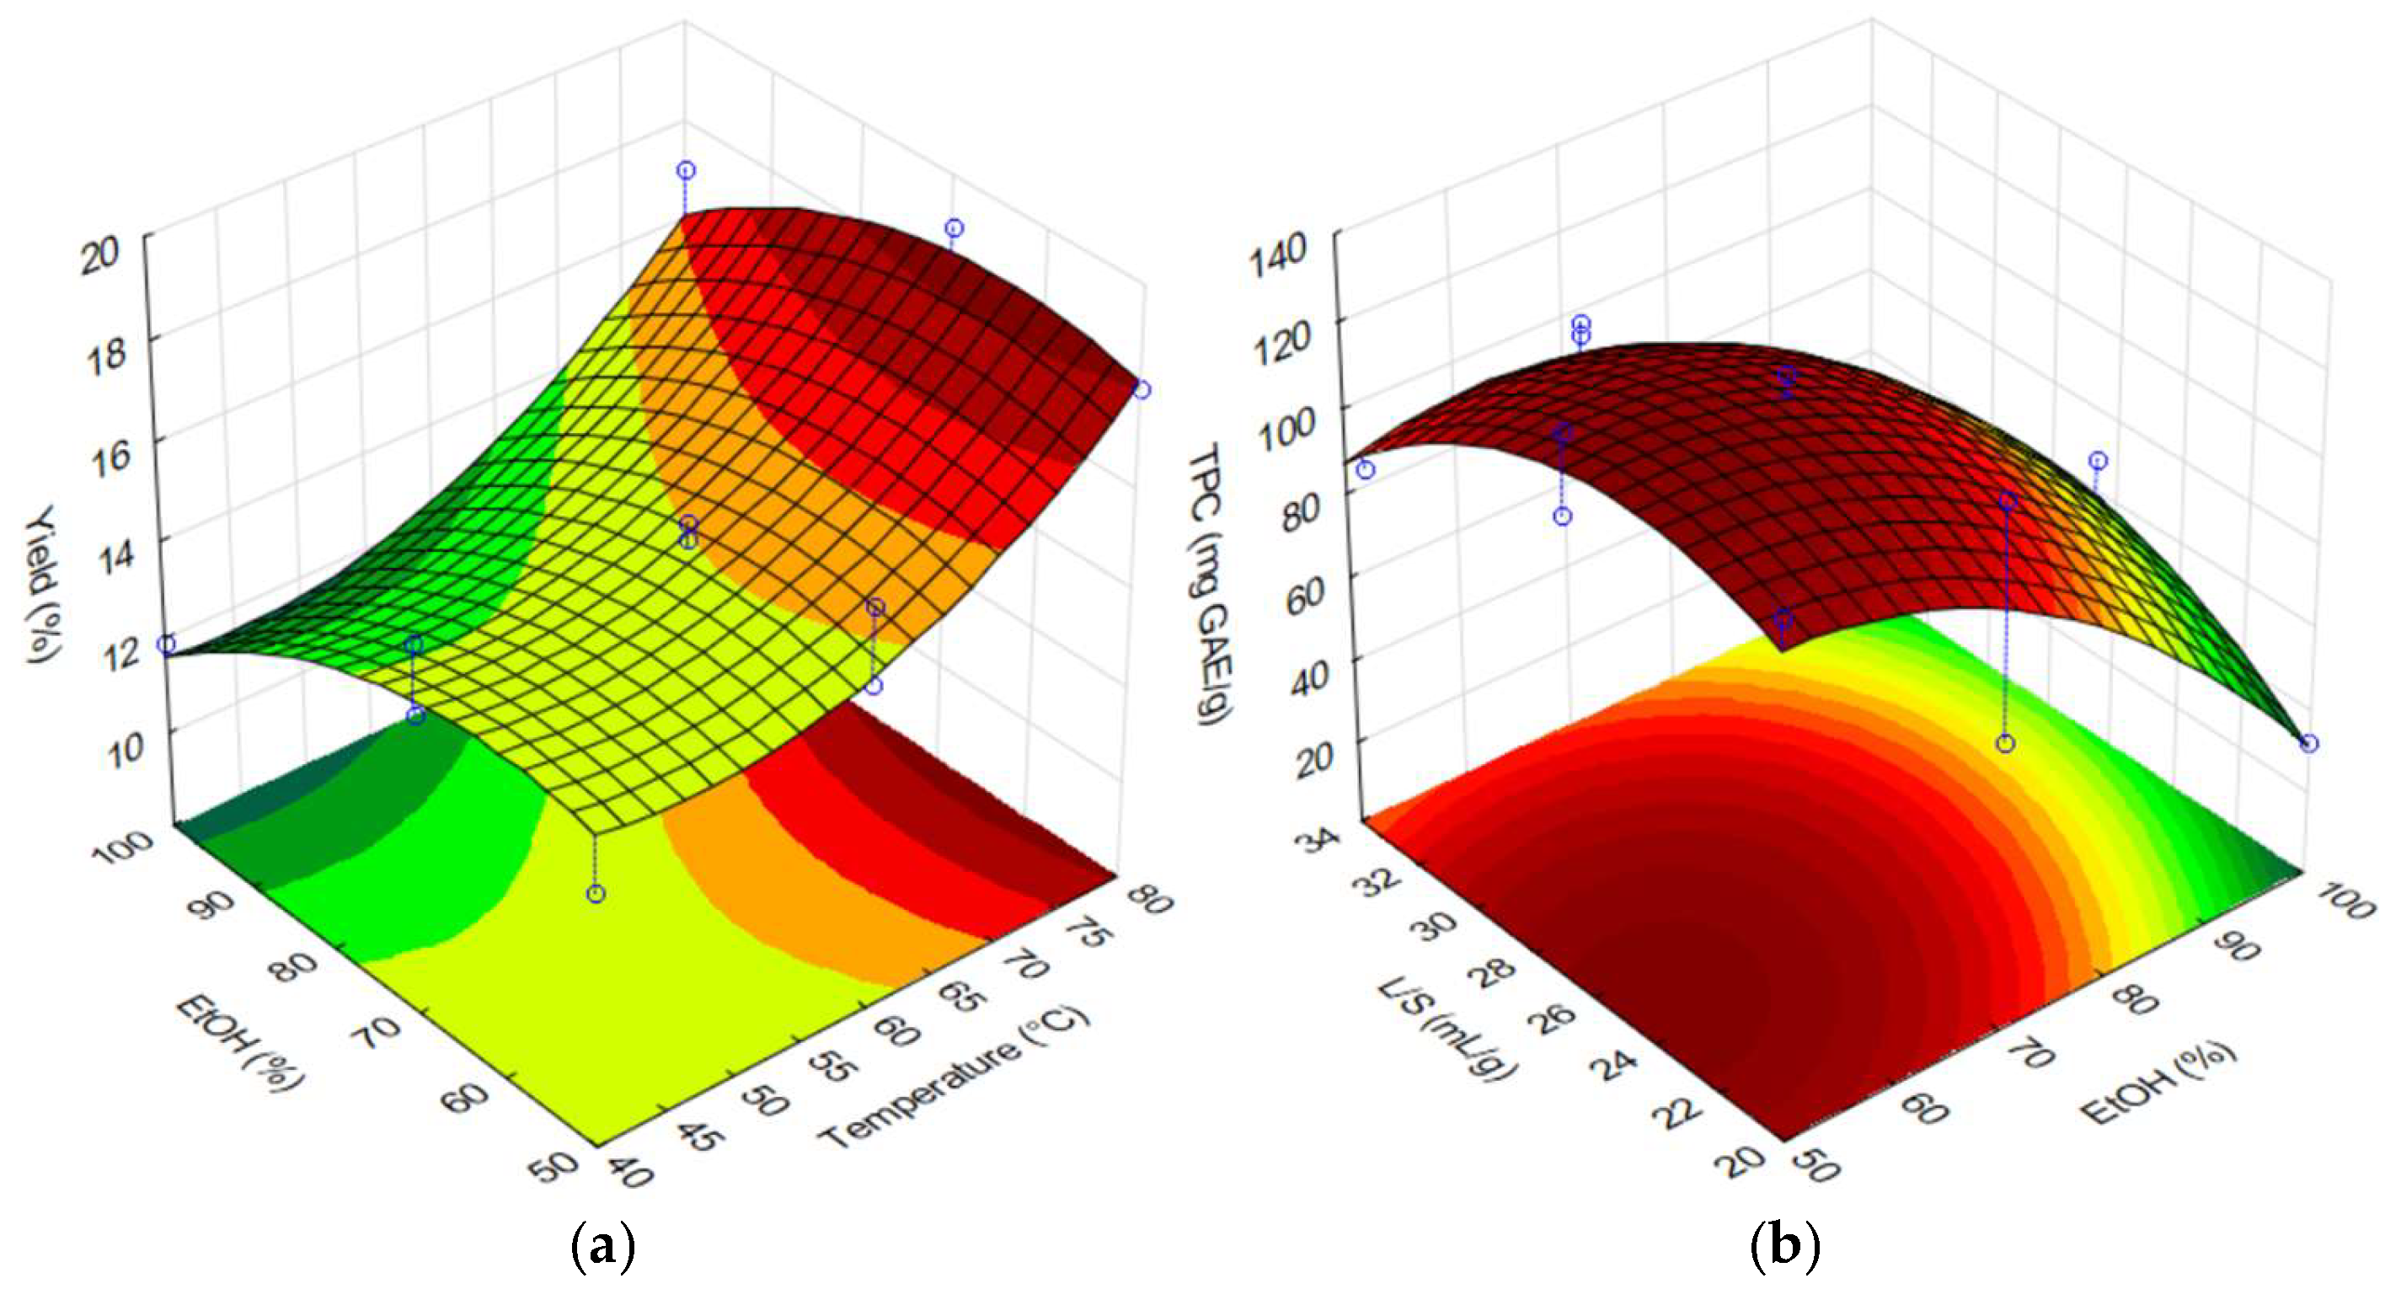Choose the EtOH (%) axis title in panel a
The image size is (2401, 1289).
click(x=239, y=1041)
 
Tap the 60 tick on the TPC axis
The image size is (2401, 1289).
click(x=1306, y=591)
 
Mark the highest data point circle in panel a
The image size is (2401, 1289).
click(x=686, y=169)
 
